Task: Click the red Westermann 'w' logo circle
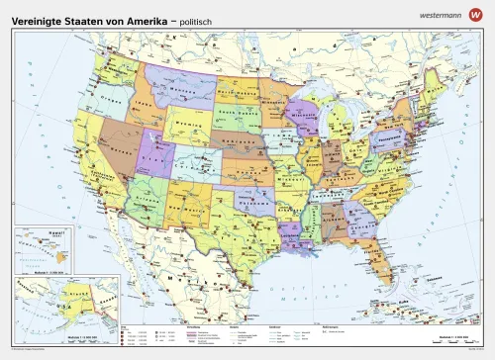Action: tap(478, 15)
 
